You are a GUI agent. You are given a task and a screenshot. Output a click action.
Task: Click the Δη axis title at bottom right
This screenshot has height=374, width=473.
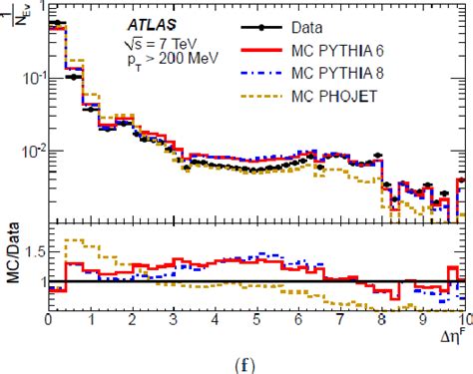click(451, 338)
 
